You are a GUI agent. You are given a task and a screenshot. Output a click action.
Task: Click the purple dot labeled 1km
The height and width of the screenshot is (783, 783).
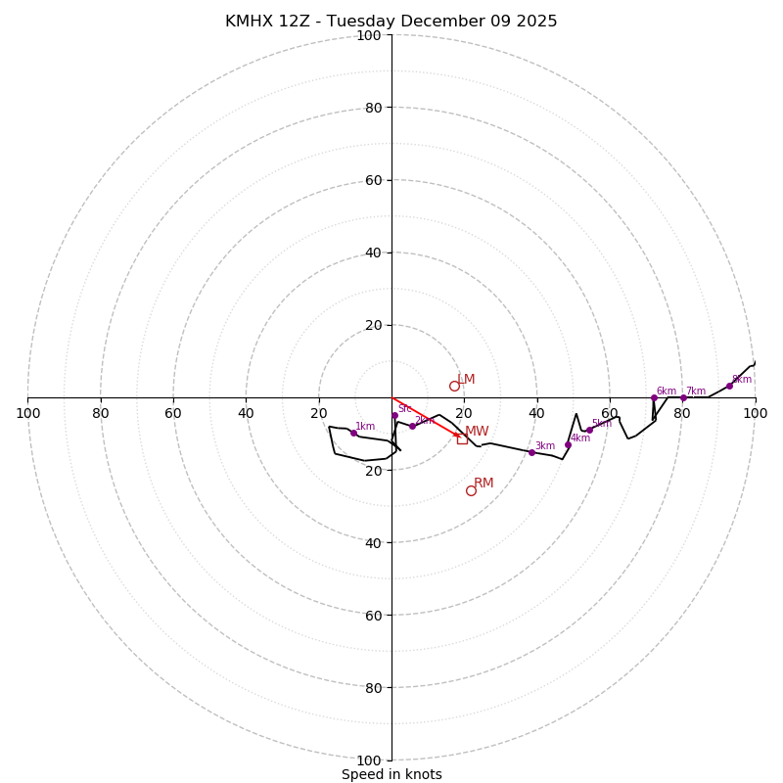pyautogui.click(x=353, y=433)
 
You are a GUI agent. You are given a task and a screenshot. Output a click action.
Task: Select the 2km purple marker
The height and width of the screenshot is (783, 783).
pyautogui.click(x=412, y=426)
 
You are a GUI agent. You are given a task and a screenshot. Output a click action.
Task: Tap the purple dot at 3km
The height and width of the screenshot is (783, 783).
pyautogui.click(x=531, y=452)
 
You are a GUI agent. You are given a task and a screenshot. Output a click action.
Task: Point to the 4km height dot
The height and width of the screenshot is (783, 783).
pyautogui.click(x=568, y=444)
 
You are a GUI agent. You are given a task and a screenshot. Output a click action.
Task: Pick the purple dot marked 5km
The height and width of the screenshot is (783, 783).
pyautogui.click(x=589, y=430)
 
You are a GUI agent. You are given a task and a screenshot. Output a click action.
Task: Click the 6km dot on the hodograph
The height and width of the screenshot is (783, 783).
pyautogui.click(x=654, y=397)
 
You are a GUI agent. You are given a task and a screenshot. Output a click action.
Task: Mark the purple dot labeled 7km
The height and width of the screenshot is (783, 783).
pyautogui.click(x=683, y=398)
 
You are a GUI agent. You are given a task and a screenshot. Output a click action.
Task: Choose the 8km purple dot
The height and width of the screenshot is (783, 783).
pyautogui.click(x=729, y=386)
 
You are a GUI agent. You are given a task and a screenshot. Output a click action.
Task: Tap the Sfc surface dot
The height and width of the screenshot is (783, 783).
pyautogui.click(x=394, y=416)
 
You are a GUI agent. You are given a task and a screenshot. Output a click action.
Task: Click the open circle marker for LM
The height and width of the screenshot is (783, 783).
pyautogui.click(x=454, y=386)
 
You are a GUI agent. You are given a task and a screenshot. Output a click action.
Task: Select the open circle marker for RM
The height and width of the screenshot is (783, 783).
pyautogui.click(x=471, y=490)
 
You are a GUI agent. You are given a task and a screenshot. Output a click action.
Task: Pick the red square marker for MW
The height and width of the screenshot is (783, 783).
pyautogui.click(x=462, y=438)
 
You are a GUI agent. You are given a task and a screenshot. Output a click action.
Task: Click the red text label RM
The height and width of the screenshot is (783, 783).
pyautogui.click(x=484, y=484)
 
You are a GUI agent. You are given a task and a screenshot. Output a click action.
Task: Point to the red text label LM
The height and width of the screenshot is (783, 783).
pyautogui.click(x=467, y=380)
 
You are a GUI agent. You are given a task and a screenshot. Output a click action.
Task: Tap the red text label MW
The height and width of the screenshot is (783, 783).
pyautogui.click(x=477, y=432)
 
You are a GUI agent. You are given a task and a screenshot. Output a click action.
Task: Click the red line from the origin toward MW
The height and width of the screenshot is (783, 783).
pyautogui.click(x=425, y=416)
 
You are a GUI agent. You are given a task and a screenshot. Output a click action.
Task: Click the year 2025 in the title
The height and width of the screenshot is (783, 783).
pyautogui.click(x=536, y=22)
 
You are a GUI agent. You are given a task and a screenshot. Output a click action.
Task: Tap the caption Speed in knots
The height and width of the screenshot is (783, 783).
pyautogui.click(x=391, y=774)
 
